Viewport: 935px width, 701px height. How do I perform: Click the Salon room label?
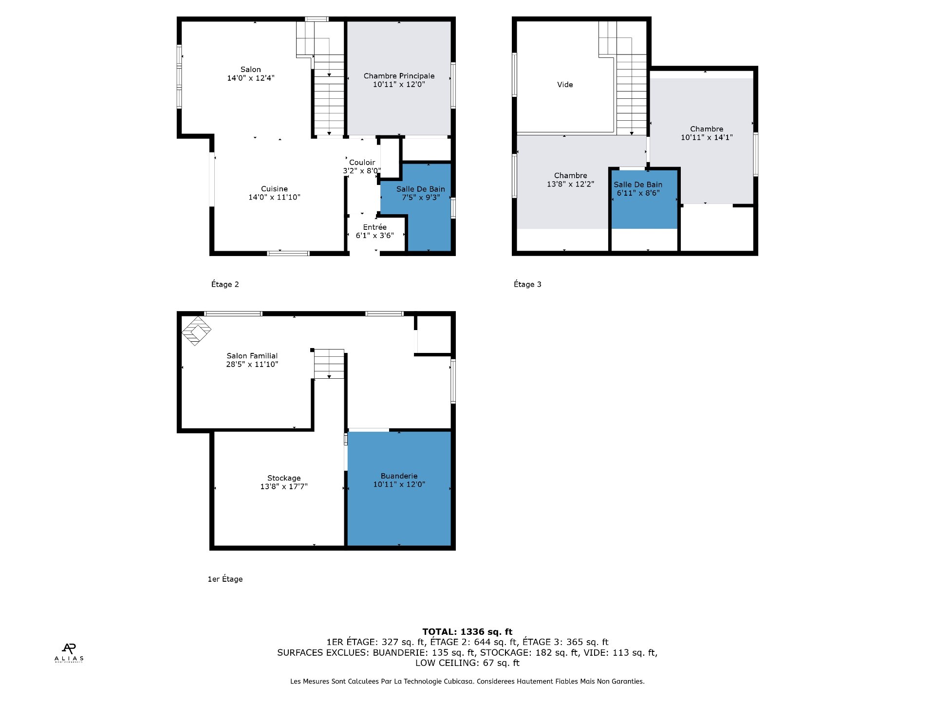(x=251, y=70)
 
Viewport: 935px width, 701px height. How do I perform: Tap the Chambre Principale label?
(x=399, y=76)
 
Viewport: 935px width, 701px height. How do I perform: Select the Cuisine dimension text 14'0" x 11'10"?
(x=274, y=197)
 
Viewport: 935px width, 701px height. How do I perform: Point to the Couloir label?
(x=362, y=163)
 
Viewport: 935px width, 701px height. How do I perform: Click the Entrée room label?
(x=375, y=227)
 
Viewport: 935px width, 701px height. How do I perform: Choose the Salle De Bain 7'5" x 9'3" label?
(x=421, y=193)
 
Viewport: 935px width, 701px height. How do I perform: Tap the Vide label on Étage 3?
(x=565, y=85)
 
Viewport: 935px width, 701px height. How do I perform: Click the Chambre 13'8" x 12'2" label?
(x=570, y=180)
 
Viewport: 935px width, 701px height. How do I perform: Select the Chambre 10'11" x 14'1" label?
(x=707, y=133)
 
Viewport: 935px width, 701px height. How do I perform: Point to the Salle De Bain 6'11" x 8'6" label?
(x=638, y=188)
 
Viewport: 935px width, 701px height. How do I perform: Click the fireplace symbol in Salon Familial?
(x=196, y=331)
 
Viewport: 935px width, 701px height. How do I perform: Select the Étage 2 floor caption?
(x=225, y=284)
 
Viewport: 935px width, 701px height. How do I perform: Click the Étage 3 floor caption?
(x=527, y=284)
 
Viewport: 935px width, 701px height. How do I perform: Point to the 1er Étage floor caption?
(x=225, y=579)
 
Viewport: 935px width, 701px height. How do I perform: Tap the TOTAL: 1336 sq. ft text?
(x=467, y=632)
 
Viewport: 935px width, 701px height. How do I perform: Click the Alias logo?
(x=69, y=653)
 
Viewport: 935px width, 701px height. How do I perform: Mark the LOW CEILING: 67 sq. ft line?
(x=467, y=663)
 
